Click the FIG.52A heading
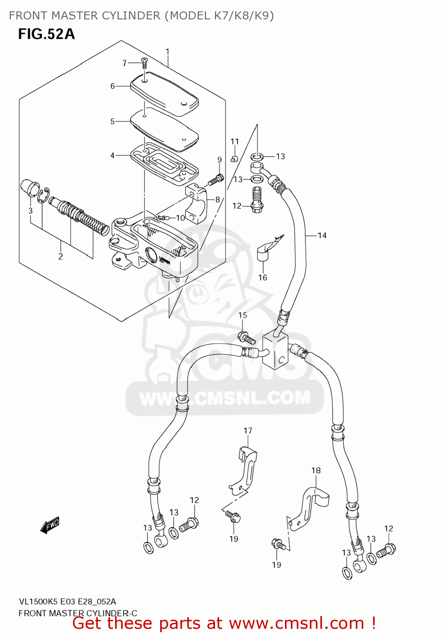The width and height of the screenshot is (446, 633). (46, 34)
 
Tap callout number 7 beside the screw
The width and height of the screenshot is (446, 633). (124, 63)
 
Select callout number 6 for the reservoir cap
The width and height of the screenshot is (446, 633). (113, 86)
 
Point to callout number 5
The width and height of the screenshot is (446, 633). (113, 122)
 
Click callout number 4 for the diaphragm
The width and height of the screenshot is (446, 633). (113, 156)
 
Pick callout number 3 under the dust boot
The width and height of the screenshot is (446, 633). (30, 211)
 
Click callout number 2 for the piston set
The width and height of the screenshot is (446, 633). (61, 257)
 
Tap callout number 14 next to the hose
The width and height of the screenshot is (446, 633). (322, 235)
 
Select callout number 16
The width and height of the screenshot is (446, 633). (263, 277)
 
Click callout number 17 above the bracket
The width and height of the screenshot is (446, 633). (248, 431)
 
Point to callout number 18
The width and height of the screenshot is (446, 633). (316, 471)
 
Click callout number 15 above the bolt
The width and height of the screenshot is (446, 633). (242, 315)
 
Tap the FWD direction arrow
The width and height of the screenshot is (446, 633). (50, 526)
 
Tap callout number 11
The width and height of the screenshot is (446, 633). (235, 141)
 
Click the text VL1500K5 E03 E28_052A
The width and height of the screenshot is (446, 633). (67, 601)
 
